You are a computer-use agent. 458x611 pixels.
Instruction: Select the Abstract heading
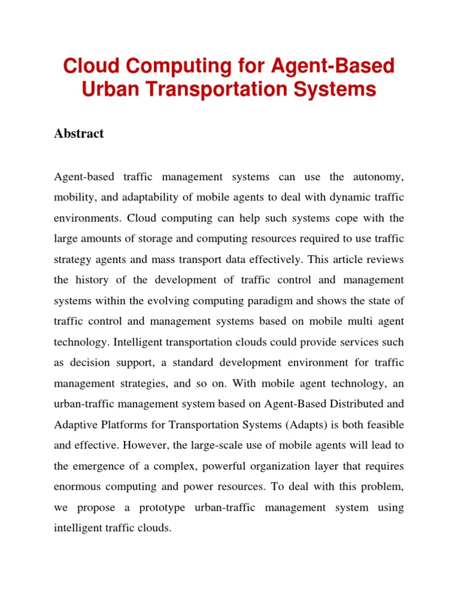pyautogui.click(x=79, y=134)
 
